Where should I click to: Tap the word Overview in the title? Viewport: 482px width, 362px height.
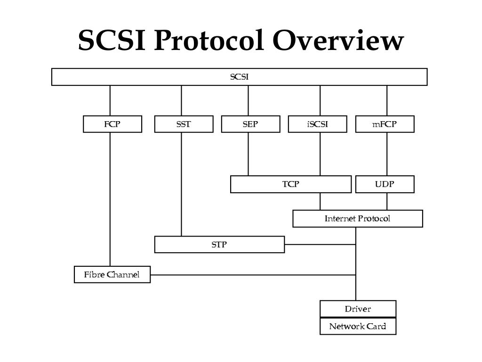coord(338,41)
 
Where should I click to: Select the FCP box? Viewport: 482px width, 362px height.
coord(112,124)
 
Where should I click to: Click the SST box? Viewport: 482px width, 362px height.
coord(184,124)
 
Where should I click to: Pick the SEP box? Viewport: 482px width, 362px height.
coord(250,124)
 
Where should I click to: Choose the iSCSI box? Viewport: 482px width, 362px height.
coord(317,124)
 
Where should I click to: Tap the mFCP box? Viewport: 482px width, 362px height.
coord(385,124)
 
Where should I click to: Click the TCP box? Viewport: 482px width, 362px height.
coord(290,184)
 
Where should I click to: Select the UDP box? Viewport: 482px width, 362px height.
coord(385,184)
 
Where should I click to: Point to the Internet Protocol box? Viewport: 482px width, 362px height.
coord(357,219)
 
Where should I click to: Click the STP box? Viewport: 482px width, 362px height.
coord(219,245)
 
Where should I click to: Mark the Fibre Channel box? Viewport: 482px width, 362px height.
coord(112,274)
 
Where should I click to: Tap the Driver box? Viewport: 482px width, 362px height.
coord(358,309)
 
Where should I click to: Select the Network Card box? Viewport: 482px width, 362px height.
coord(358,326)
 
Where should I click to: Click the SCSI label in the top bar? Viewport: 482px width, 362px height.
coord(239,77)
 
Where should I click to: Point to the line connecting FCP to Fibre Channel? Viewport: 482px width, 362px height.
coord(110,198)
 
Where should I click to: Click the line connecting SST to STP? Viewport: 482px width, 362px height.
coord(182,184)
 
